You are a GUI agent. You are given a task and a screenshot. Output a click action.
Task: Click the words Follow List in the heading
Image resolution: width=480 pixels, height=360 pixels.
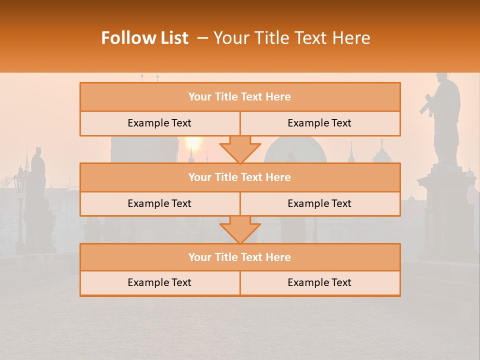pos(144,38)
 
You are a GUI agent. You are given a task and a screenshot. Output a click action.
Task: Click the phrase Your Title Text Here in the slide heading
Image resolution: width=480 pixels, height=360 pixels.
pos(291,38)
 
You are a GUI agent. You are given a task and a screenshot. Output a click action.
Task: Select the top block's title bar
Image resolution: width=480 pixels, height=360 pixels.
pos(240,97)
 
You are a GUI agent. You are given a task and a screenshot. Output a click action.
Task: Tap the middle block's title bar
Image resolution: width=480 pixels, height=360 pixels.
pos(240,177)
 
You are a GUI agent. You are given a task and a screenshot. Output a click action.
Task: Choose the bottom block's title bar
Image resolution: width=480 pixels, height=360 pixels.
pos(240,257)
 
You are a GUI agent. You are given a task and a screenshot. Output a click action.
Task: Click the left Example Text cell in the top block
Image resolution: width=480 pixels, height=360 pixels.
pos(159,123)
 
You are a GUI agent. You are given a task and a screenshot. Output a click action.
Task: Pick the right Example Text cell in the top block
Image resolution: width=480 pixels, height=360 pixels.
pos(320,123)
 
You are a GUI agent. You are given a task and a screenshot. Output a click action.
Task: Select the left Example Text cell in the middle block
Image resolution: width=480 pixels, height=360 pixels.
pos(159,204)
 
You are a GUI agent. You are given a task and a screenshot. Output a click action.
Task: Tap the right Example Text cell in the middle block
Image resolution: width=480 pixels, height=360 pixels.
pos(320,204)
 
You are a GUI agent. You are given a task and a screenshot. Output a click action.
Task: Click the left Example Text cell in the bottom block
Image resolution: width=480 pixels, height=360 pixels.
pos(159,283)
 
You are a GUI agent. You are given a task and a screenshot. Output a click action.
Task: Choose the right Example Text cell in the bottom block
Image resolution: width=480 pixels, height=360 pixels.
pos(320,283)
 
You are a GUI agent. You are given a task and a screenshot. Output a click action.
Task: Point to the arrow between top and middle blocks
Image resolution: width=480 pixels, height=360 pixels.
pos(240,149)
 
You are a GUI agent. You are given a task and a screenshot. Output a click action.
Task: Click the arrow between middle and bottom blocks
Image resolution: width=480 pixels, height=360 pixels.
pos(240,229)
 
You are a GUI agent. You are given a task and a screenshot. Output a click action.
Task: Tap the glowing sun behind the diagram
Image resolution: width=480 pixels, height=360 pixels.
pos(193,143)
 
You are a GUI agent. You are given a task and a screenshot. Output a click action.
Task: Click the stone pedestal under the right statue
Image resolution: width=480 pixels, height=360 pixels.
pos(446,210)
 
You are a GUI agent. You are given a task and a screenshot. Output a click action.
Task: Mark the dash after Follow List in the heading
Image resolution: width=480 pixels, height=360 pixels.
pos(202,38)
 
